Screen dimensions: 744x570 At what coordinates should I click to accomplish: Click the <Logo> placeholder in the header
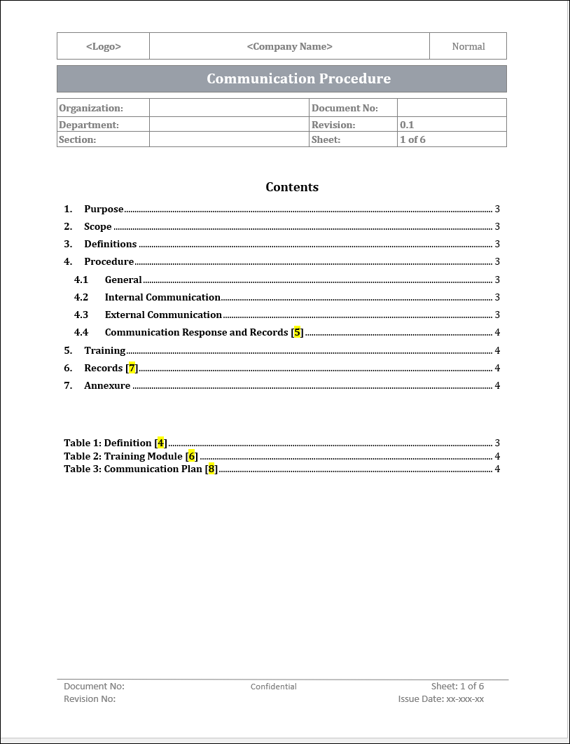[x=104, y=46]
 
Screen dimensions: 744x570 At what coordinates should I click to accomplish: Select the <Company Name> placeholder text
[x=289, y=46]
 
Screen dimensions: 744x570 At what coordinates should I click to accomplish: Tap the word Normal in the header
[x=468, y=46]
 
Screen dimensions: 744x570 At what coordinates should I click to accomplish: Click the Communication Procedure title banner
[x=298, y=78]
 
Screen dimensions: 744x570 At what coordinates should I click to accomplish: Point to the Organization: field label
[x=91, y=108]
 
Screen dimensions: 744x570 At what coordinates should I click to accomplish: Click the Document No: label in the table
[x=345, y=108]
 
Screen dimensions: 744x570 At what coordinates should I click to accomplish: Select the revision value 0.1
[x=407, y=125]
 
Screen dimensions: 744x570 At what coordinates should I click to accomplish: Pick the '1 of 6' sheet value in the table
[x=412, y=139]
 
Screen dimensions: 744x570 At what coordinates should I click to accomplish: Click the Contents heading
[x=292, y=187]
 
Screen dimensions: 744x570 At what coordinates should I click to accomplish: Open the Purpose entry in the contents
[x=104, y=209]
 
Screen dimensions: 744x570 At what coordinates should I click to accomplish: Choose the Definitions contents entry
[x=110, y=244]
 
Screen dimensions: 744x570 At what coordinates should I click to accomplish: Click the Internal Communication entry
[x=162, y=297]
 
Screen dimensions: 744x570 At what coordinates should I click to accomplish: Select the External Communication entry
[x=163, y=315]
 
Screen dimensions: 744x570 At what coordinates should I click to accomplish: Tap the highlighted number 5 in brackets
[x=298, y=332]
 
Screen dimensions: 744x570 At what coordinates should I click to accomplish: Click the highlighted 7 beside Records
[x=132, y=368]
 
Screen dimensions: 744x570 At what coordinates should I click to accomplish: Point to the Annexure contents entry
[x=107, y=385]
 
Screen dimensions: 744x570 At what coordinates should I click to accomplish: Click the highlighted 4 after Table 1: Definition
[x=160, y=443]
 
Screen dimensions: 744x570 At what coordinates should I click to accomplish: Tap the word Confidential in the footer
[x=274, y=687]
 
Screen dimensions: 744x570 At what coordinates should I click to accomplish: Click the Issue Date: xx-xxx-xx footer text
[x=441, y=699]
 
